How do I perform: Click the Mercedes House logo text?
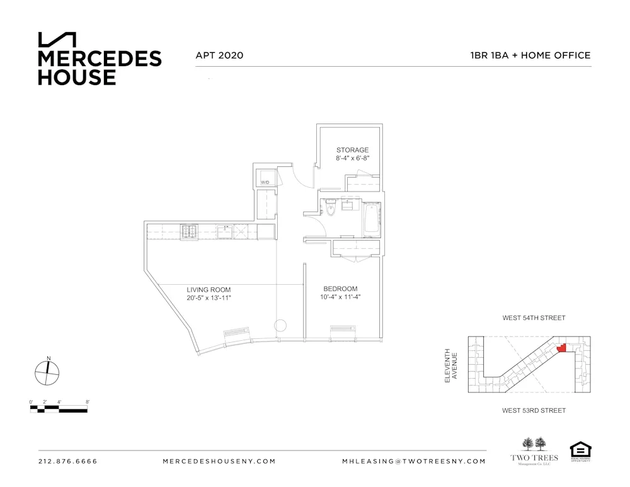tap(100, 67)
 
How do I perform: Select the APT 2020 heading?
tap(219, 55)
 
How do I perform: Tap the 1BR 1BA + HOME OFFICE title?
tap(530, 55)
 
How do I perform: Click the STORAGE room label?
tap(352, 151)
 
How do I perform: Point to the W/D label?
tap(265, 183)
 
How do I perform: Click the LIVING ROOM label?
tap(209, 289)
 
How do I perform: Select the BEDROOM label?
tap(340, 289)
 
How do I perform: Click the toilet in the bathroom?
tap(330, 210)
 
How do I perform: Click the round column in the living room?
tap(281, 326)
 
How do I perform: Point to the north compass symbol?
tap(47, 372)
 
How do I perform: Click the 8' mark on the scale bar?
tap(88, 402)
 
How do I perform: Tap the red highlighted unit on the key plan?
tap(562, 347)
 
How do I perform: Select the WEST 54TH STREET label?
tap(534, 318)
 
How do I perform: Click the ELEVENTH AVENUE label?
tap(451, 365)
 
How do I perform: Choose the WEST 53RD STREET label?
tap(534, 411)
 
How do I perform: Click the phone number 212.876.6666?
tap(68, 461)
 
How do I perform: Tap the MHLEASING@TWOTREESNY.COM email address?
tap(414, 461)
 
